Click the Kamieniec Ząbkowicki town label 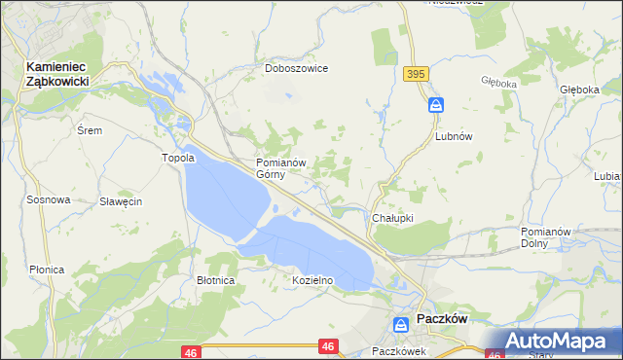(58, 75)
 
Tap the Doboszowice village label (297, 69)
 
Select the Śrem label (90, 129)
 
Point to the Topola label (178, 158)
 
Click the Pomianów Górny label (281, 168)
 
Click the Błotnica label (215, 280)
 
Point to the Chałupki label (393, 218)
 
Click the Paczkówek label (399, 351)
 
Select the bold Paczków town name (443, 320)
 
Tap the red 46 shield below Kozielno (328, 345)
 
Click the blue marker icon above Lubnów (436, 104)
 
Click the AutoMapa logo (551, 341)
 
